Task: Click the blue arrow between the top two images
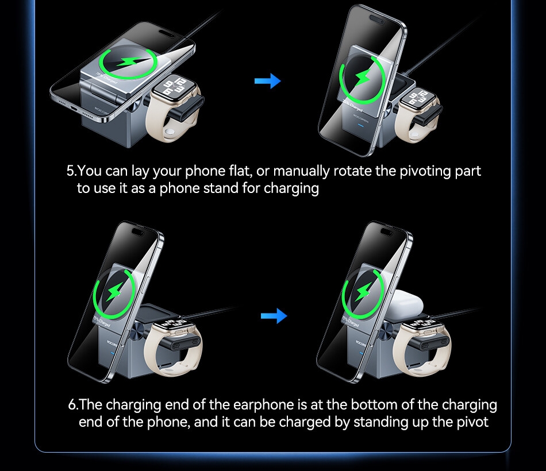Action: click(x=267, y=81)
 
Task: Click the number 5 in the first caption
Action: click(x=71, y=171)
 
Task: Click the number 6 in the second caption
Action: click(x=72, y=404)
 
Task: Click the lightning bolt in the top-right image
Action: click(x=362, y=78)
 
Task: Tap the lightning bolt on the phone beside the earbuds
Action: click(x=363, y=293)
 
